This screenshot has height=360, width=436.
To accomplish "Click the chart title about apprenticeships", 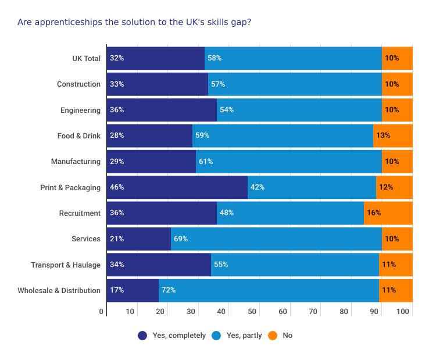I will pos(134,22).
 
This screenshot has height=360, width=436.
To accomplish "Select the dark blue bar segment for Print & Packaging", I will pos(177,187).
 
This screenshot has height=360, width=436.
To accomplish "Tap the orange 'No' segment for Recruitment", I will pos(388,213).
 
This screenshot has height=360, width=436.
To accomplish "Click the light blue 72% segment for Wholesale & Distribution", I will pos(269,290).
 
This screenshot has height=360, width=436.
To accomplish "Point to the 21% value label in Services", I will pos(116,239).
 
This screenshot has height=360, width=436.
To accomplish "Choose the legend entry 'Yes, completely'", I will pos(172,336).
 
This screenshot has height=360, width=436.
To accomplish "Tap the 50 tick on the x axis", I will pos(252,312).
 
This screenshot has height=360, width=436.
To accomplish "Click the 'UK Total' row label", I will pos(86,58).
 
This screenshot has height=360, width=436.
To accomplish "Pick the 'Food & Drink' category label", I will pos(78,136).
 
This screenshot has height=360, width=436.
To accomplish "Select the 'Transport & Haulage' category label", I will pos(66,265).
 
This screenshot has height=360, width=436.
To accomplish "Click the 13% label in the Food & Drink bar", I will pos(383,136).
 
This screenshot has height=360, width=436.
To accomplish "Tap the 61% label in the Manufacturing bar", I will pos(205,162).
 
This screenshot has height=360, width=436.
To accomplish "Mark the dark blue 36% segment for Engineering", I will pos(162,110).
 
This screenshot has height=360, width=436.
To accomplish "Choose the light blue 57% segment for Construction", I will pos(295,84).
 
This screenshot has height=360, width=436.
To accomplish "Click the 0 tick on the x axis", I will pos(102,312).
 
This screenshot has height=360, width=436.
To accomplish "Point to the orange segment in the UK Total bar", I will pos(397,58).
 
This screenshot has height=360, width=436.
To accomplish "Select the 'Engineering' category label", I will pos(80,110).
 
